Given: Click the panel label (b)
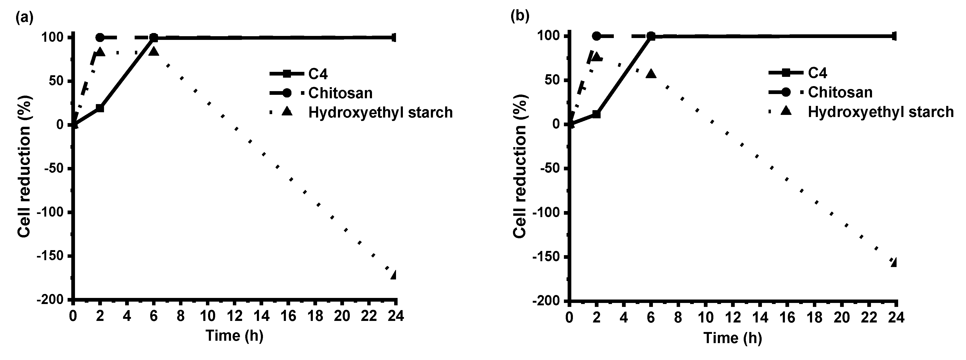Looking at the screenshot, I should point(520,16).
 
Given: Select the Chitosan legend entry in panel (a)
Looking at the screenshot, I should point(340,93).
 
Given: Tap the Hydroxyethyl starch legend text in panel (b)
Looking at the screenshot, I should point(880,112).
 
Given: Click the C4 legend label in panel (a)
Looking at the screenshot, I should point(318,74).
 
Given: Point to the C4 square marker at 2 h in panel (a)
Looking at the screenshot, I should point(100,108).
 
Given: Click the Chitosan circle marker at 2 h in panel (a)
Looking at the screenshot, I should point(100,38).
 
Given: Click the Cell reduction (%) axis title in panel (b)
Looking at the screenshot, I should point(520,166).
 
